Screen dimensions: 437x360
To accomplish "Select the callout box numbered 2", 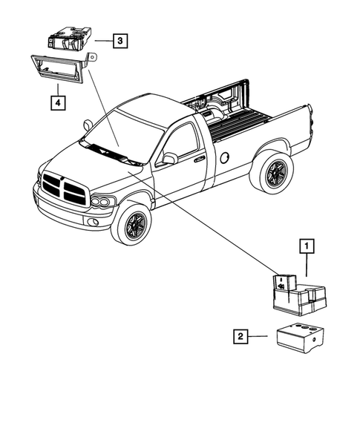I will click(239, 338).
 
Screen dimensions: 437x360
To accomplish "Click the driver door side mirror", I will click(170, 158).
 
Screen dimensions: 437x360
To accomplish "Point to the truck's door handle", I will click(199, 158).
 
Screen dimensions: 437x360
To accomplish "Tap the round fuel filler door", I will click(225, 157).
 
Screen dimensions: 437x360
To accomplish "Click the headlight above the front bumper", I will click(102, 201).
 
